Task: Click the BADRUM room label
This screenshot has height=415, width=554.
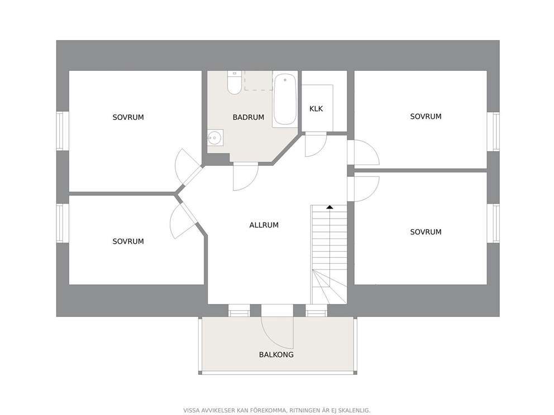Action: tap(249, 118)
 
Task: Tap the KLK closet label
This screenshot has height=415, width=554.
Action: tap(316, 109)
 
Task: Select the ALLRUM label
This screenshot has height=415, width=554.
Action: tap(264, 225)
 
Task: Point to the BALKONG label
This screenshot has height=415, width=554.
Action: tap(276, 355)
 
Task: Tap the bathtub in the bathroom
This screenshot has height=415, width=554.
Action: tap(285, 99)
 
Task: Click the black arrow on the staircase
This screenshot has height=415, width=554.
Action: tap(329, 207)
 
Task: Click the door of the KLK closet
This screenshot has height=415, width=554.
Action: tap(316, 144)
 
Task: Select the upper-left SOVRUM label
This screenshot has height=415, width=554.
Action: tap(128, 118)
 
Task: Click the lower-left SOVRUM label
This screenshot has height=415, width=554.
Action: tap(128, 242)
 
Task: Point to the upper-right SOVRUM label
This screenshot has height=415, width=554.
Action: tap(426, 117)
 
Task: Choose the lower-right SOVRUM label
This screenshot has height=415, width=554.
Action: tap(426, 232)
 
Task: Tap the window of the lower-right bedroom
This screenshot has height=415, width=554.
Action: tap(493, 223)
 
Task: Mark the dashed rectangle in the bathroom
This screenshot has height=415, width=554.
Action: tap(259, 80)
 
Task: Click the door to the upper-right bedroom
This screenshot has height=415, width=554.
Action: tap(363, 152)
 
